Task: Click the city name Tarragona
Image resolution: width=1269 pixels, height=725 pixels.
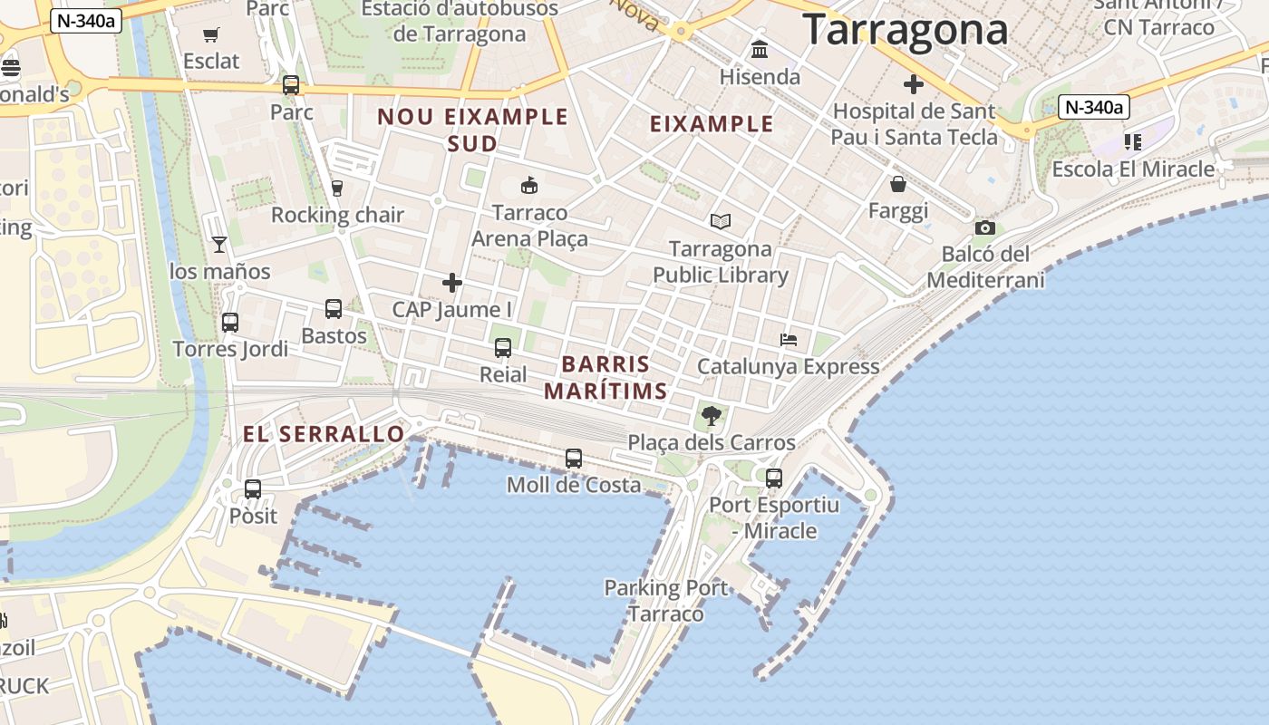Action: pos(905,29)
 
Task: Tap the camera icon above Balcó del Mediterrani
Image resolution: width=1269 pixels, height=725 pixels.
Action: pos(985,227)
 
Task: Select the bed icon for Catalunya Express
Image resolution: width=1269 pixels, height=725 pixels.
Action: pos(789,340)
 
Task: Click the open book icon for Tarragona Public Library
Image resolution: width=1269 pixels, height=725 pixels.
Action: pos(721,221)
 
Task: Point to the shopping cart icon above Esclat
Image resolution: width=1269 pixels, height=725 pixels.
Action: pos(211,35)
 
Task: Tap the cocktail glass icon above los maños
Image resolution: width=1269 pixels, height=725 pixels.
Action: pos(219,244)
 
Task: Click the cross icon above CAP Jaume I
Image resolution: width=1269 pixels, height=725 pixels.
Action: pos(452,283)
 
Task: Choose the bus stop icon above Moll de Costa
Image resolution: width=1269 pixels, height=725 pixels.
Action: pos(574,459)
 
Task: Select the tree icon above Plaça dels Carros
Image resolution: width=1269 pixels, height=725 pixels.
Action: pos(712,416)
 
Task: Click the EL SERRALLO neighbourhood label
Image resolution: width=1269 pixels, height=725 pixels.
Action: pos(324,434)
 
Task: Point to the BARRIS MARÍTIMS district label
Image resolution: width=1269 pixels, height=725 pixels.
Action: pos(605,378)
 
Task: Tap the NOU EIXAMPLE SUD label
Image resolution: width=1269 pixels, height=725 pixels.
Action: pos(472,130)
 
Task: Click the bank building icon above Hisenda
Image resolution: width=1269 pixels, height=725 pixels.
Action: pos(760,49)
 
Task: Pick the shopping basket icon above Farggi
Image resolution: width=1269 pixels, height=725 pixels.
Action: pos(898,184)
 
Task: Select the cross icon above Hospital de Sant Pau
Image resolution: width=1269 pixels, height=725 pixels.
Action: pos(914,84)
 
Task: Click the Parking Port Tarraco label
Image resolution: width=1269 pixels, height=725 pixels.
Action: pos(666,601)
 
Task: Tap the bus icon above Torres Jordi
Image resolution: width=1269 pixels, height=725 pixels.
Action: pos(230,322)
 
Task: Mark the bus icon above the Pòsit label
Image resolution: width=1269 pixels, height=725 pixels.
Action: pos(253,489)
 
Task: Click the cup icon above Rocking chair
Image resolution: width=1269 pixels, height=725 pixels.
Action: pos(337,188)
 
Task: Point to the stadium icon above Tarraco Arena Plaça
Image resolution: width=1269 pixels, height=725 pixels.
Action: pos(529,186)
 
